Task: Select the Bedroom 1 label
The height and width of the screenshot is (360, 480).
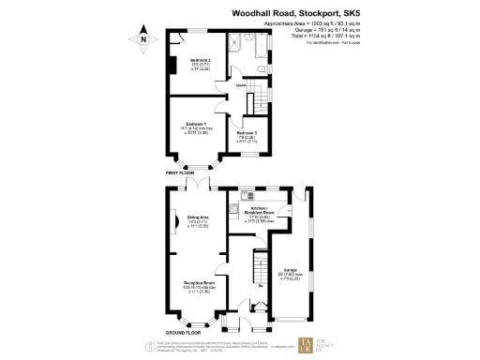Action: point(195,127)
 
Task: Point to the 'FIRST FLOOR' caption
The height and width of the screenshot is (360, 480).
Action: point(185,173)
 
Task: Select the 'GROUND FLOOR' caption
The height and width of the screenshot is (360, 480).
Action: point(183,333)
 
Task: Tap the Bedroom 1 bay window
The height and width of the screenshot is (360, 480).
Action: point(194,162)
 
